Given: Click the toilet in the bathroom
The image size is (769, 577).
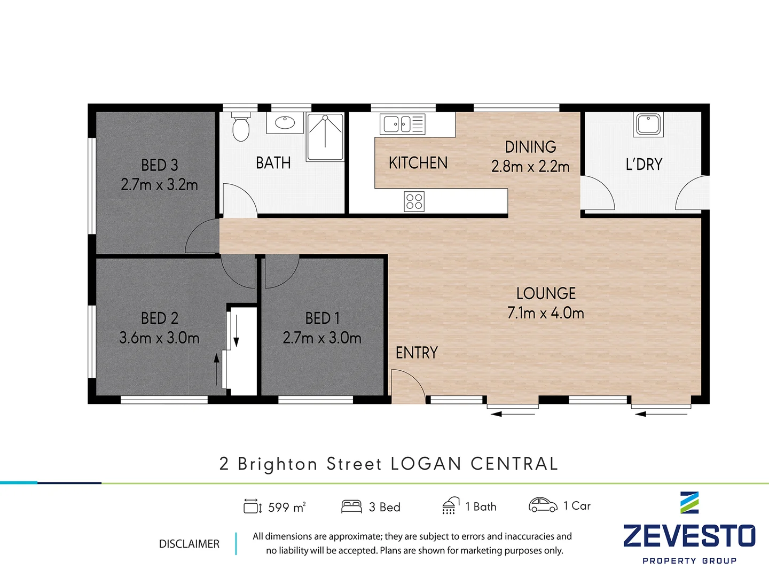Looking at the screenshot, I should [241, 126].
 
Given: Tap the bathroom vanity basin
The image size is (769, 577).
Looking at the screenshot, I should [285, 123].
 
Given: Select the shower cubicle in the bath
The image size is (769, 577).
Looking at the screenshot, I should [325, 137].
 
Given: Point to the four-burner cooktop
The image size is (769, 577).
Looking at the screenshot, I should [414, 201].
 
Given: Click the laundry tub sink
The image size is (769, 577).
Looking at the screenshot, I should [648, 124].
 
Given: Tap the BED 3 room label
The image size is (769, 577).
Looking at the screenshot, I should [159, 165].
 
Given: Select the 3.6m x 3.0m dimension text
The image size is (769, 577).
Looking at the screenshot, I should [159, 338].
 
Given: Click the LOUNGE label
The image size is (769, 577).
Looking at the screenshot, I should [546, 293].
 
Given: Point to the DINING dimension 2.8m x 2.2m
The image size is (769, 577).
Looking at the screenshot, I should [530, 167].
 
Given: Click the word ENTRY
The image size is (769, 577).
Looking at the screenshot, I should [417, 353].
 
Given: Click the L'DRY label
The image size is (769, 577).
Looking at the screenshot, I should [644, 164].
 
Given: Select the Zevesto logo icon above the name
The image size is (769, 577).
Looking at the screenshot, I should [689, 503].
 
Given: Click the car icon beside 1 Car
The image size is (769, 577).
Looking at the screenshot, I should [543, 505].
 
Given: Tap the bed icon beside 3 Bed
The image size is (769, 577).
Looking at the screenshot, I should [351, 506].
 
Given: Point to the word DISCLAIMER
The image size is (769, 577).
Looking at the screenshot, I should [189, 544].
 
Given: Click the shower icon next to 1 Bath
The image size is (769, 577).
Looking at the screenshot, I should [451, 506].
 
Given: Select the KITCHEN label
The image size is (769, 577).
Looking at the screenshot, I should [418, 162].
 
